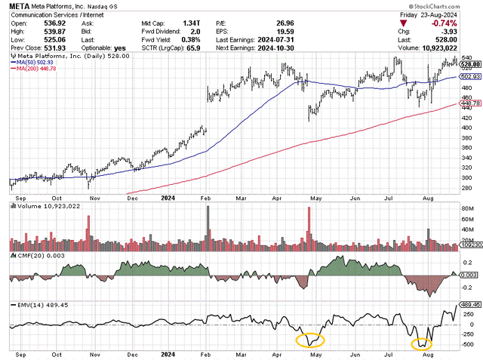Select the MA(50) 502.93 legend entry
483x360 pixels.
tap(35, 63)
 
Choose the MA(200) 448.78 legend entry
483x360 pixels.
tap(37, 69)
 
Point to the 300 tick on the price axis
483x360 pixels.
tap(467, 177)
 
